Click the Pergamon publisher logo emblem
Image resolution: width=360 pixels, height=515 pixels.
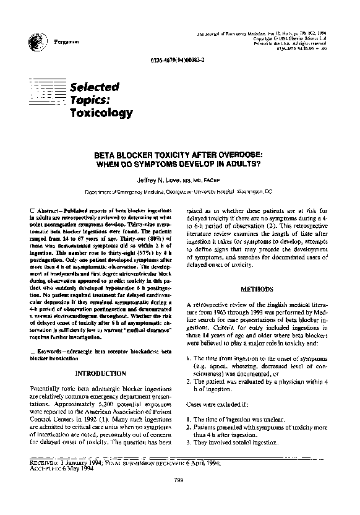click(34, 41)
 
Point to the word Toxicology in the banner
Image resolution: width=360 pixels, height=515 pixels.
click(101, 113)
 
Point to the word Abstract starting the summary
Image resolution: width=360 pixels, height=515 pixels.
click(48, 210)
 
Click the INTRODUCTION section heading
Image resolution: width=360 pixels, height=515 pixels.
click(100, 374)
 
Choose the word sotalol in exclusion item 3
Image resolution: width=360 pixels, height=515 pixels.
click(244, 443)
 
